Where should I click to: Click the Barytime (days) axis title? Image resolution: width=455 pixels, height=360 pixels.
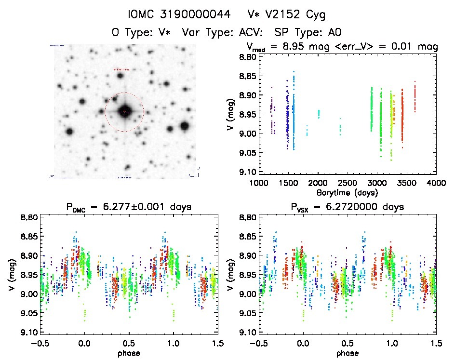tap(347, 192)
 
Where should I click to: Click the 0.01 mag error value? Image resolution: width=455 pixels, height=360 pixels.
tap(405, 47)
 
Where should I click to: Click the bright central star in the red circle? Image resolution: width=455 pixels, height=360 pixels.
tap(124, 111)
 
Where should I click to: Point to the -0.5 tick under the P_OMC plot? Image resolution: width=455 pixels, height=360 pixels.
tap(40, 343)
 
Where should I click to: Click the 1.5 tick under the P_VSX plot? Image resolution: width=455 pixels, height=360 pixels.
tap(436, 343)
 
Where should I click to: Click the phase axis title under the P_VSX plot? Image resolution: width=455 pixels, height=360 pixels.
tap(347, 353)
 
